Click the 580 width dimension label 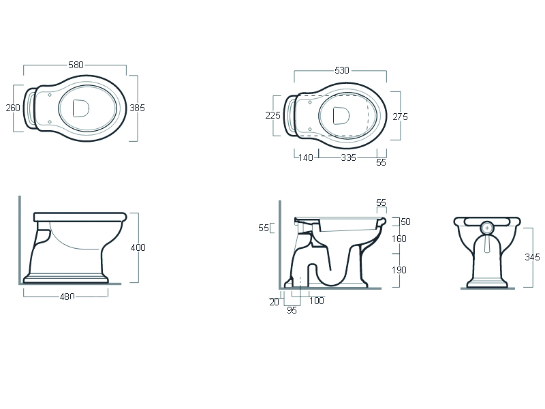76,65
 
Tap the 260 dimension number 13,108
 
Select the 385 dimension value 138,108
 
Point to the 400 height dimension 138,247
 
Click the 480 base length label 67,297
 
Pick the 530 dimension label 342,71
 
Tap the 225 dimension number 273,115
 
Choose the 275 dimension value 401,117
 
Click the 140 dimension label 306,158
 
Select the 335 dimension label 348,158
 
